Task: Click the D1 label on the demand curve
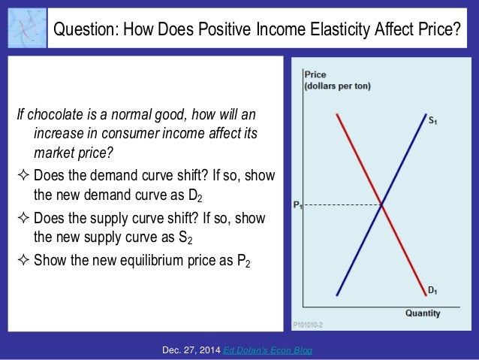[433, 289]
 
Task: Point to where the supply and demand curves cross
[383, 204]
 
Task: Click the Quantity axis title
[423, 313]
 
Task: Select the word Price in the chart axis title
[316, 74]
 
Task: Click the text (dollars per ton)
[337, 86]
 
